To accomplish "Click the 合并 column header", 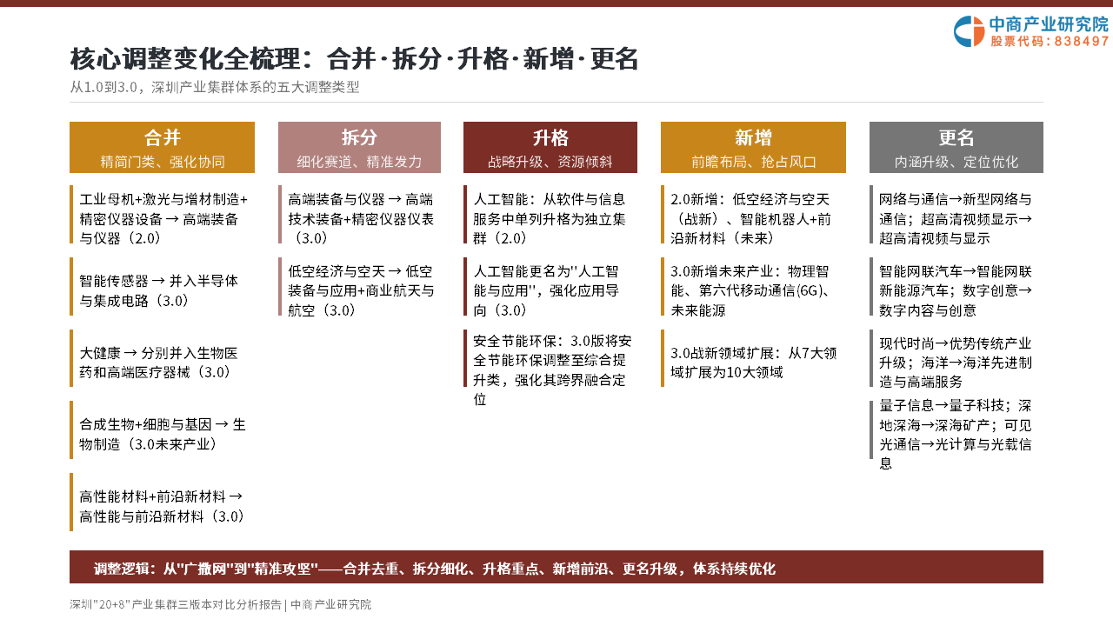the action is pos(162,148).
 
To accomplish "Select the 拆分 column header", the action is pos(359,148).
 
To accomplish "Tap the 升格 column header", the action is pos(550,148).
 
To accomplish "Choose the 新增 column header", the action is pos(753,148).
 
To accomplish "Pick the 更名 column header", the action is pos(956,148).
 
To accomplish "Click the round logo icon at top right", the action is pos(969,31).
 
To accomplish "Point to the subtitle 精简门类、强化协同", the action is pos(163,162).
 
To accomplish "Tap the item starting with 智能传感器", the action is pos(158,290).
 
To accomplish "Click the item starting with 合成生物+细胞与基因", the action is pos(163,434).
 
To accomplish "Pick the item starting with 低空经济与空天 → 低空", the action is pos(361,290).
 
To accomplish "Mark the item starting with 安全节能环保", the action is pos(552,370).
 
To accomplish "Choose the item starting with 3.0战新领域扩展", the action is pos(754,363).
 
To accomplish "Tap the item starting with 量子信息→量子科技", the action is pos(956,434).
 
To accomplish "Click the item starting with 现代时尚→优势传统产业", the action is pos(956,363).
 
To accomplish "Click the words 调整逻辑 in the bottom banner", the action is pos(122,569).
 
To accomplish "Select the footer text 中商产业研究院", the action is pos(331,604).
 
